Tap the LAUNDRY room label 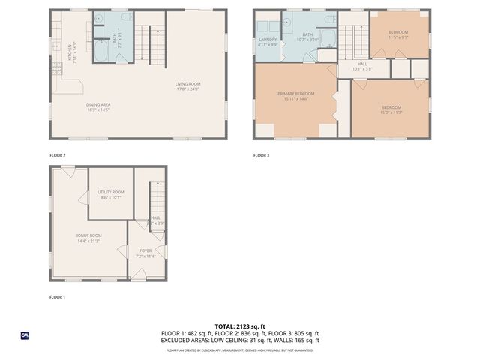point(268,43)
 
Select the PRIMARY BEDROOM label point(295,95)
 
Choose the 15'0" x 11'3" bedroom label point(391,109)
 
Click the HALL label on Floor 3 point(362,67)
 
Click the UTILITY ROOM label point(111,195)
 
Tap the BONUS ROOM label point(88,238)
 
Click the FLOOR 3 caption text point(261,155)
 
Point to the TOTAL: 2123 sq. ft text point(239,326)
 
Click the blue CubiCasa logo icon point(24,334)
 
